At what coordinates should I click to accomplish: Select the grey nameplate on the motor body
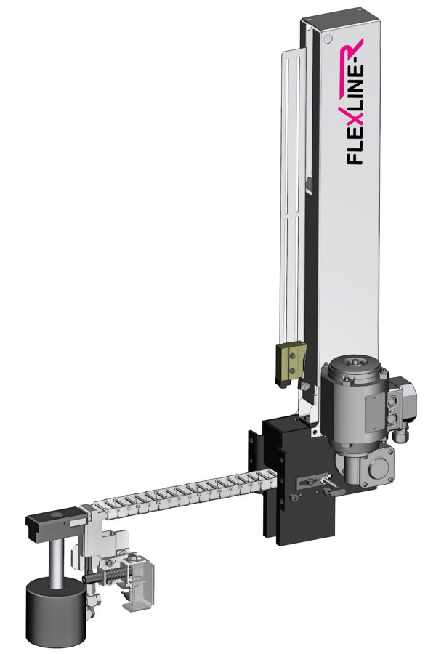click(375, 407)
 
